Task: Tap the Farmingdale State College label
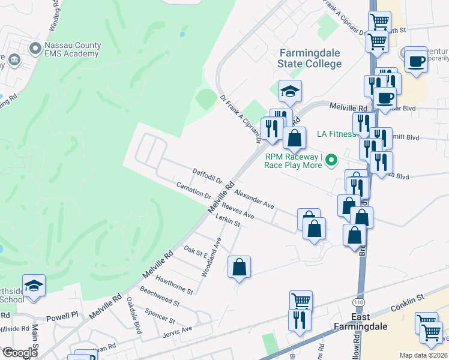[310, 59]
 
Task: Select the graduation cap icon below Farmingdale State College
[290, 91]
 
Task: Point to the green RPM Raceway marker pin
[330, 160]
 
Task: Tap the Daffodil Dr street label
[208, 176]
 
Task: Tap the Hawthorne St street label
[174, 284]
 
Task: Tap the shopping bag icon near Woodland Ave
[239, 268]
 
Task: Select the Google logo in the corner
[20, 352]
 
